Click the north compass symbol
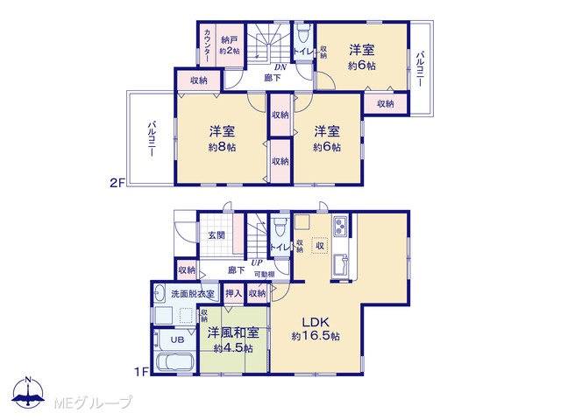coord(28,392)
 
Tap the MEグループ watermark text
coord(93,403)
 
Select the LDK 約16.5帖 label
coord(316,329)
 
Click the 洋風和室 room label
coord(233,332)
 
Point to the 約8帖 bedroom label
coord(222,147)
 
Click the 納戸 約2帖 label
coord(230,45)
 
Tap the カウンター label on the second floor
coord(208,45)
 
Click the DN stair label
coord(280,67)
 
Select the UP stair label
coord(257,262)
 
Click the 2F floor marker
coord(117,184)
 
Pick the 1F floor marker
coord(141,372)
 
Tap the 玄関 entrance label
coord(217,235)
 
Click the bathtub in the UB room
coord(175,363)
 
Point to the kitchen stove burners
coord(340,226)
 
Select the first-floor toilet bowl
coord(279,227)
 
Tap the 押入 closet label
coord(233,293)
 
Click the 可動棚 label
coord(265,274)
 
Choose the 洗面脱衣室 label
coord(193,294)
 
